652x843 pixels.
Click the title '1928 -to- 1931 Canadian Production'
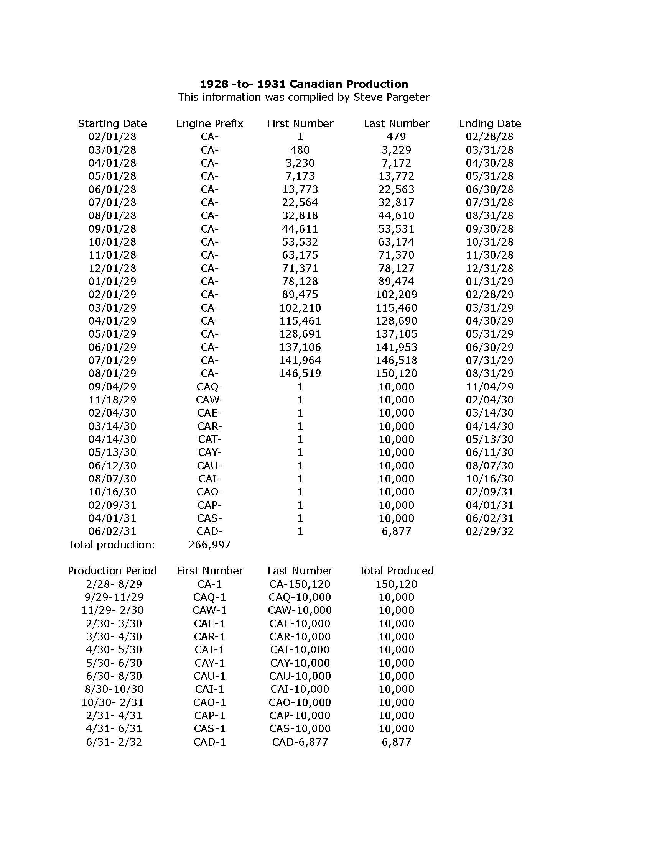click(304, 84)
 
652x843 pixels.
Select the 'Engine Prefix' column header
click(210, 123)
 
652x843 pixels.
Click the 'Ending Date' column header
click(490, 123)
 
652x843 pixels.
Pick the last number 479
click(396, 137)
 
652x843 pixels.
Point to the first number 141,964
click(300, 360)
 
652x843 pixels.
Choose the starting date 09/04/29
click(112, 387)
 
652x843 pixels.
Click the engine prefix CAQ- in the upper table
click(210, 387)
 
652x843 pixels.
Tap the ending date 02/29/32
click(490, 531)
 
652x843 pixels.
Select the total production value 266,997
click(210, 545)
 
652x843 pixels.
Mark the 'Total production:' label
click(112, 545)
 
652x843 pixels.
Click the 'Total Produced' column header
click(396, 571)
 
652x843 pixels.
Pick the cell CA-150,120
click(300, 584)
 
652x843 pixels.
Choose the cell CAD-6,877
click(300, 742)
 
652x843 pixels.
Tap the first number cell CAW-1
click(210, 610)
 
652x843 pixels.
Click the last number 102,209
click(396, 295)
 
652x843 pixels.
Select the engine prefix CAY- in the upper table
click(210, 453)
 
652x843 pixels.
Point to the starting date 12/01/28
click(112, 268)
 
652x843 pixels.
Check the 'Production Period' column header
click(112, 571)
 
